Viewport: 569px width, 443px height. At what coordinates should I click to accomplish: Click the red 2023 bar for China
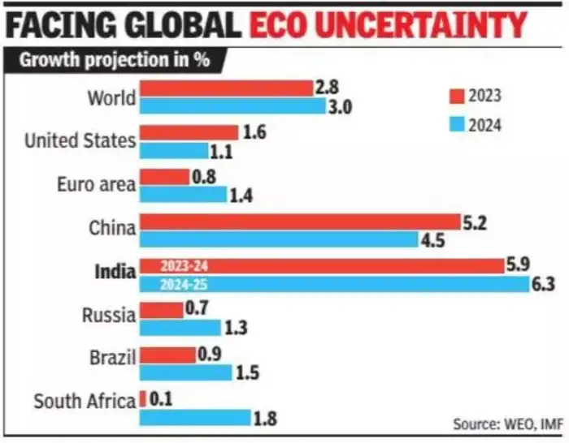[x=300, y=222]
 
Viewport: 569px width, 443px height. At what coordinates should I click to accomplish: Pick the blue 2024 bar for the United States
[x=174, y=150]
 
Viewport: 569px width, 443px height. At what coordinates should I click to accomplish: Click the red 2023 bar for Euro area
[x=164, y=177]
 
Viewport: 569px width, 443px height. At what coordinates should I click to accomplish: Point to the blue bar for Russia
[x=180, y=327]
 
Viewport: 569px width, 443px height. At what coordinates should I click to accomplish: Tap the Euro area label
[x=96, y=184]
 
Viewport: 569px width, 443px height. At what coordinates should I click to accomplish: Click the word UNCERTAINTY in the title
[x=388, y=24]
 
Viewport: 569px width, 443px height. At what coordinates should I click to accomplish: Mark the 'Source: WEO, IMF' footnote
[x=497, y=424]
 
